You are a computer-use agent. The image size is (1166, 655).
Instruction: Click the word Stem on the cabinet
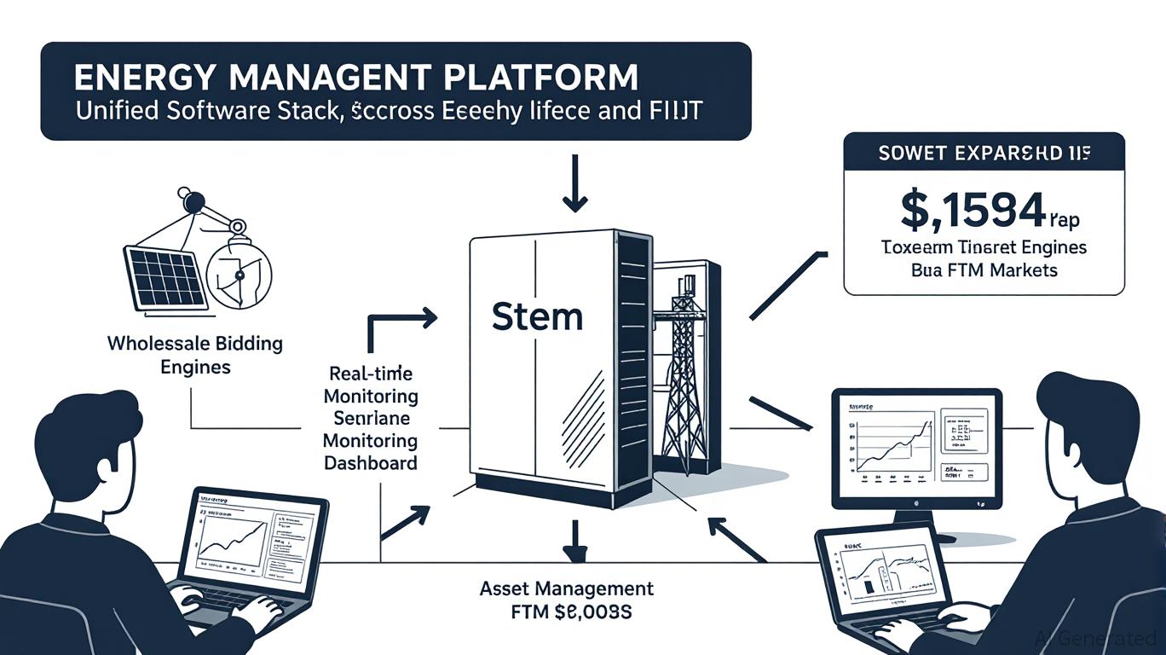coord(537,316)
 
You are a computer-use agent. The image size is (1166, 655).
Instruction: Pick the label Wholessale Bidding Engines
coord(195,356)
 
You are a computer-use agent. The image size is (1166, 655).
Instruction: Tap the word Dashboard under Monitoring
coord(371,463)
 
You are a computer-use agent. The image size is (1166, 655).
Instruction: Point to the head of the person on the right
coord(1088,417)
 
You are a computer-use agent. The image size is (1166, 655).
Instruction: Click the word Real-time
coord(371,374)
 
